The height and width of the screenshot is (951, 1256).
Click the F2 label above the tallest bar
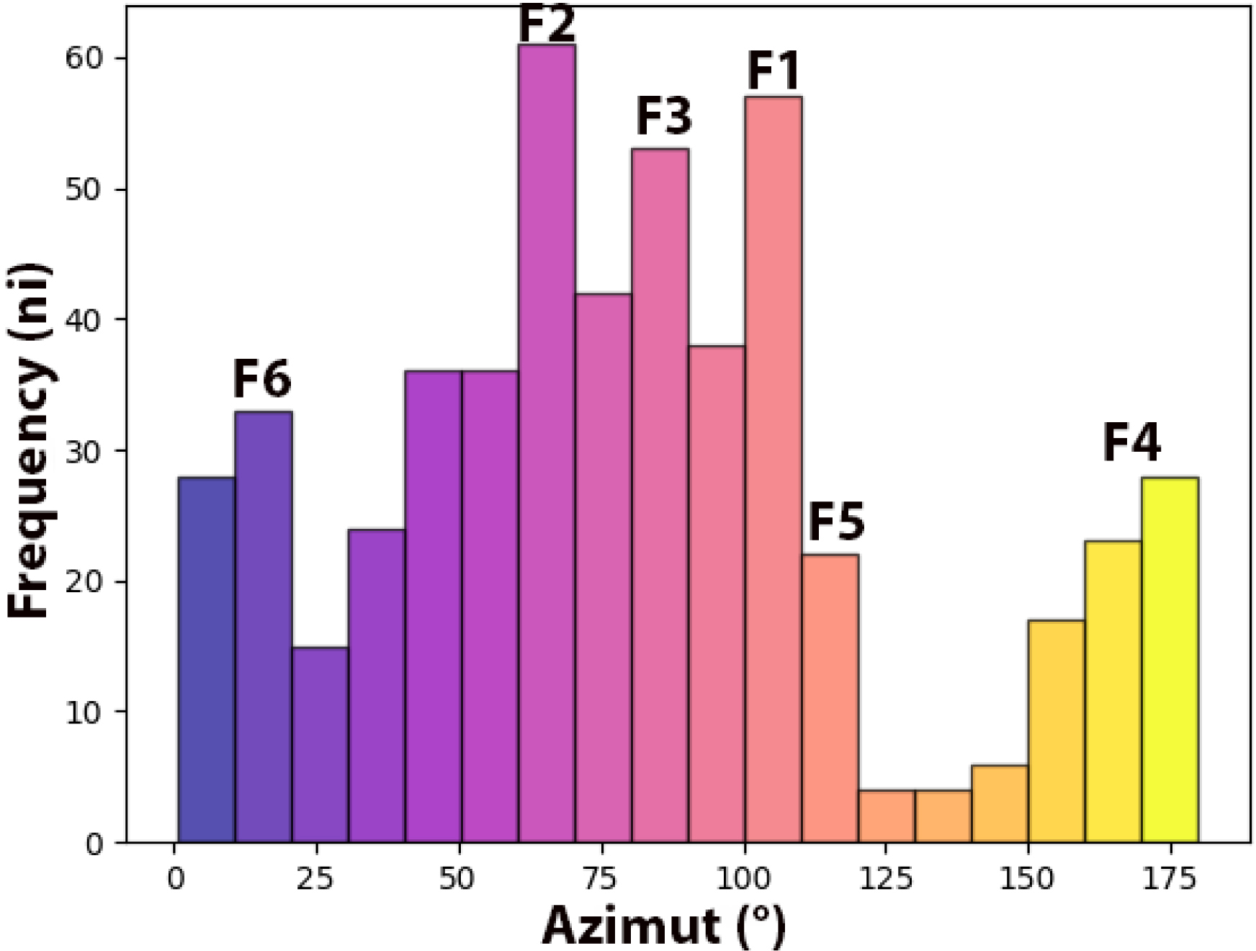coord(547,24)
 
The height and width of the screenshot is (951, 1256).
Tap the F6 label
coord(261,380)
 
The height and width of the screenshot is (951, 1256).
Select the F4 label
coord(1131,443)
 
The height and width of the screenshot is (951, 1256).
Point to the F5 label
coord(835,522)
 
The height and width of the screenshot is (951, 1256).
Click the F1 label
coord(773,71)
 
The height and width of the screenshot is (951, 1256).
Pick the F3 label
coord(663,117)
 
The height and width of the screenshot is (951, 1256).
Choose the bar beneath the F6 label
coord(264,627)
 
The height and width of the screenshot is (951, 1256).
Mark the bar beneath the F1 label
coord(773,468)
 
